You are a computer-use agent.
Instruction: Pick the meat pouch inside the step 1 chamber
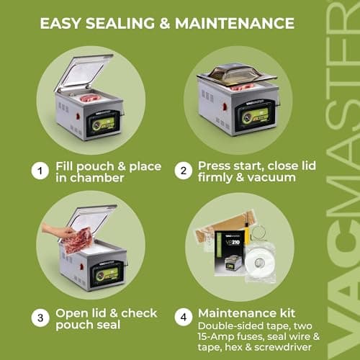point(91,97)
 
